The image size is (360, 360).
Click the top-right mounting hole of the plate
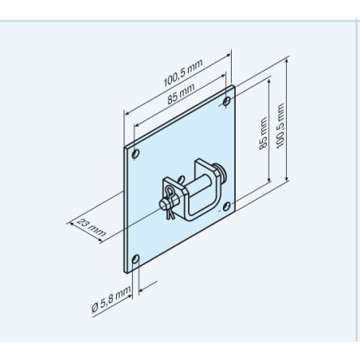[x=227, y=101]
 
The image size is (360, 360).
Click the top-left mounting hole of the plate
[x=135, y=154]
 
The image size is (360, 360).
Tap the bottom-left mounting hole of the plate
[x=135, y=259]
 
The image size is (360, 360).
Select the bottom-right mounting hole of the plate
[x=226, y=206]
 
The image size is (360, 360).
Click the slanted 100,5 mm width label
[x=183, y=72]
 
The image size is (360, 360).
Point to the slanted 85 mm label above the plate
[x=181, y=94]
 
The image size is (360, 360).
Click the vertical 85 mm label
[x=263, y=134]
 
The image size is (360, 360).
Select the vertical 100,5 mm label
[x=280, y=126]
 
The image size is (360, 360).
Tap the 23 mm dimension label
[x=92, y=228]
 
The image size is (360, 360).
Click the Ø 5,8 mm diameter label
[x=112, y=299]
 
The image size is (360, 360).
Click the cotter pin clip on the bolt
[x=170, y=202]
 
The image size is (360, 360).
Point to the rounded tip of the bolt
[x=162, y=205]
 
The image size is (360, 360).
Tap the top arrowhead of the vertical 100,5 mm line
[x=287, y=61]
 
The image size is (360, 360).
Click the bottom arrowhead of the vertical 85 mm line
[x=269, y=179]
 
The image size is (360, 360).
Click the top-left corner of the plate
[x=124, y=147]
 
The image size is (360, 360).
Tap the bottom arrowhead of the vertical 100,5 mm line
[x=287, y=178]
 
